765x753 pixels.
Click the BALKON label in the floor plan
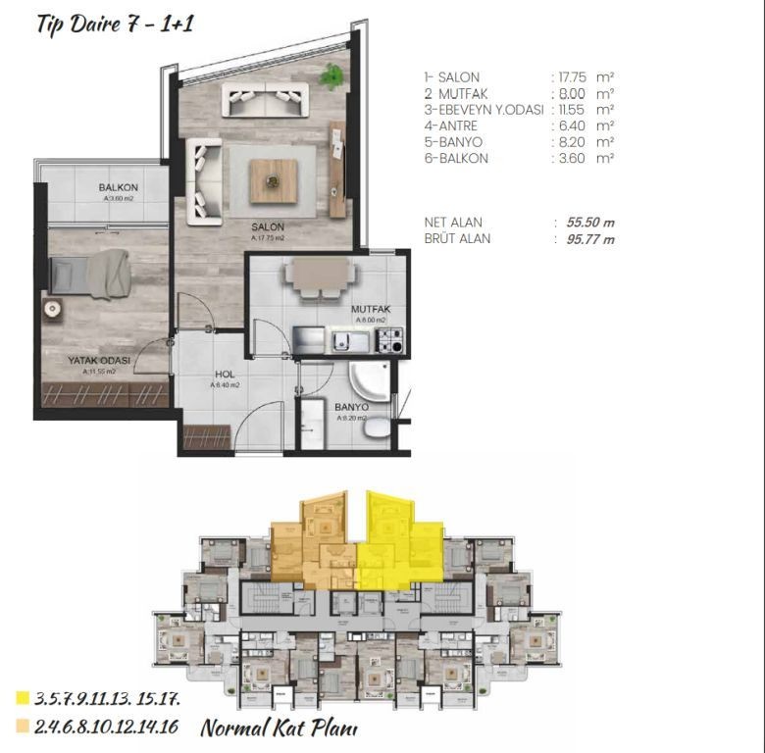(119, 187)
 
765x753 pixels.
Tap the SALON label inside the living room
(268, 226)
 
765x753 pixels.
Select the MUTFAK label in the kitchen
(372, 309)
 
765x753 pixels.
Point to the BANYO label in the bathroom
(351, 407)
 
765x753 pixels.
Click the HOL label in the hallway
(226, 375)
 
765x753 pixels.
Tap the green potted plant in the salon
(332, 74)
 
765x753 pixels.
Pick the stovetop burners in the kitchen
(390, 342)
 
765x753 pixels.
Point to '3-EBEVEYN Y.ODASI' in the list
(484, 110)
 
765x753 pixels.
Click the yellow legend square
(22, 698)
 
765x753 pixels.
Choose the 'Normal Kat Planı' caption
(280, 728)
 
